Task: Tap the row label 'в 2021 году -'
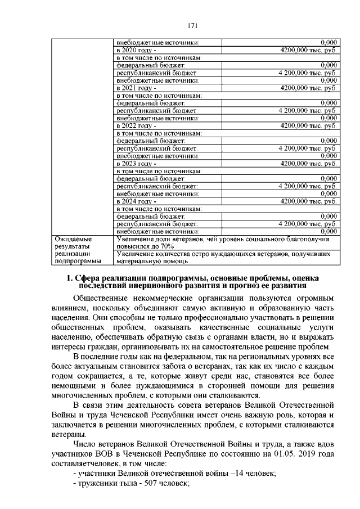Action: (x=133, y=88)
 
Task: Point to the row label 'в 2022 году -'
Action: (x=133, y=126)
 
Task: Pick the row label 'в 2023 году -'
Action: (x=133, y=164)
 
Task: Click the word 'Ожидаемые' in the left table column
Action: (x=72, y=239)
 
